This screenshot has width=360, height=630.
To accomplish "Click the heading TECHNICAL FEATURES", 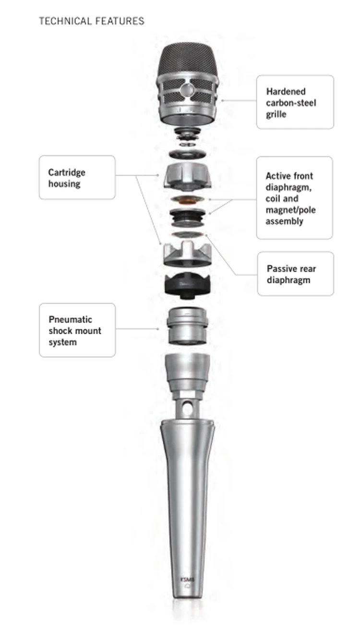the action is click(x=91, y=21).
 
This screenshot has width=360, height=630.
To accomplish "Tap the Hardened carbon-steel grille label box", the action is click(x=295, y=102).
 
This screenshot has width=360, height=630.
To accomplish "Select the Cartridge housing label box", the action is click(x=77, y=177).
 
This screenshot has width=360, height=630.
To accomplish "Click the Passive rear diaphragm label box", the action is click(x=295, y=274).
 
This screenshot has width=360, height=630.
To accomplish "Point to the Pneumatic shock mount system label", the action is click(x=77, y=330).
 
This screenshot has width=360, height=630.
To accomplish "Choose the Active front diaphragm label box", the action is click(x=294, y=198).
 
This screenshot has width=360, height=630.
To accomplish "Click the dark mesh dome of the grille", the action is click(x=188, y=60).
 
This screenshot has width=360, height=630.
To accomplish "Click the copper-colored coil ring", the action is click(x=187, y=200).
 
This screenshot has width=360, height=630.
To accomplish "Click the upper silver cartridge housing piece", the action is click(x=188, y=175).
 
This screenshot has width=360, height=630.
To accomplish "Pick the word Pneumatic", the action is click(x=71, y=319).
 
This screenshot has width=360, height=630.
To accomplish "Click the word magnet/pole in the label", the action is click(x=291, y=210).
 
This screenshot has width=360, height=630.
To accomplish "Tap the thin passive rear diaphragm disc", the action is click(x=187, y=234).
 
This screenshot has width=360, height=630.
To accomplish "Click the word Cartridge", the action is click(x=67, y=172).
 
